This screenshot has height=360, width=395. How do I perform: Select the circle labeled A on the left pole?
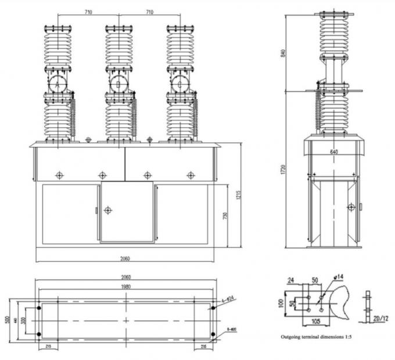(x=58, y=84)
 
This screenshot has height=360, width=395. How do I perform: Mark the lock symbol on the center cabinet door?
(x=107, y=210)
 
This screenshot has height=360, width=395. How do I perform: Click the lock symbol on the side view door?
(x=350, y=207)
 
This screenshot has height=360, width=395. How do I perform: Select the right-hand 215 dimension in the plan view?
(x=202, y=347)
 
